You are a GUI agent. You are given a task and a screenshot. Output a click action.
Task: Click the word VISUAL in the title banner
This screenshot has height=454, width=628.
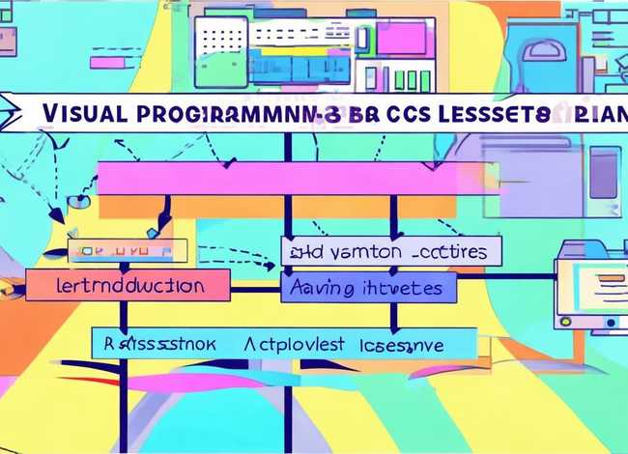click(84, 111)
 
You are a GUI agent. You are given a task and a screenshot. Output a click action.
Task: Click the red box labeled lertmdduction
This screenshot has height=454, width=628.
click(128, 285)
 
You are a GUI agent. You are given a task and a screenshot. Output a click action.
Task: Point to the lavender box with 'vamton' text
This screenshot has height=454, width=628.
click(391, 251)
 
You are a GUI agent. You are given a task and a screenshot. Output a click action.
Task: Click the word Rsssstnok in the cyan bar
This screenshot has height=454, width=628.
click(158, 343)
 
